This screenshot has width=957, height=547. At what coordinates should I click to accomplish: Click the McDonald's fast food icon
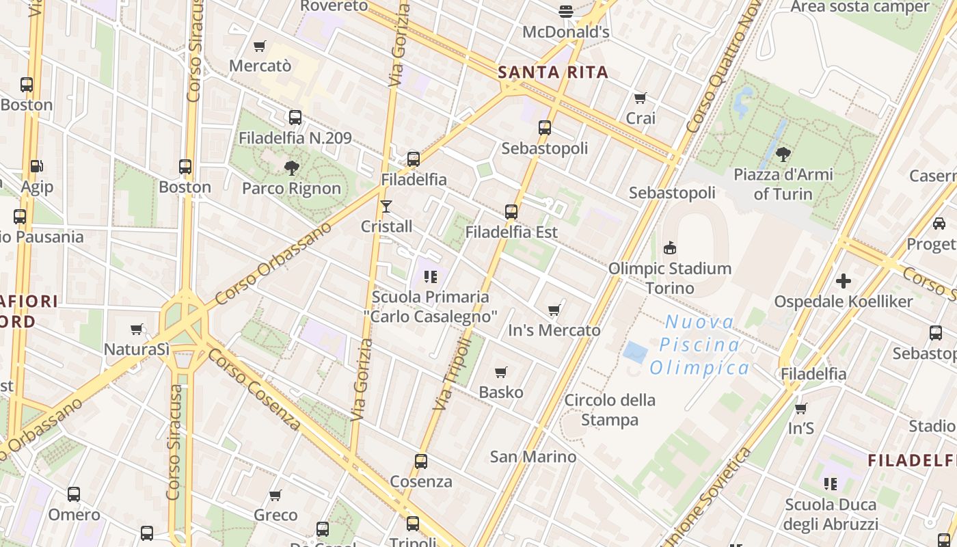click(x=565, y=11)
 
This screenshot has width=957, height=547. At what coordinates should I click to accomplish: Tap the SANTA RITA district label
click(x=553, y=72)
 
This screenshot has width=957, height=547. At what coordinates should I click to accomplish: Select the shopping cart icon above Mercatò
click(x=260, y=46)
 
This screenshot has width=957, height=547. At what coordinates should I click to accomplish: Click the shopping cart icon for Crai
click(x=641, y=98)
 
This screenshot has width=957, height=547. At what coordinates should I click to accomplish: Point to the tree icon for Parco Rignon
click(x=292, y=168)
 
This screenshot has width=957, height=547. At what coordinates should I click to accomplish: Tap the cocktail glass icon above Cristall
click(x=386, y=206)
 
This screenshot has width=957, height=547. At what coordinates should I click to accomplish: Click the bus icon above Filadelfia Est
click(x=511, y=212)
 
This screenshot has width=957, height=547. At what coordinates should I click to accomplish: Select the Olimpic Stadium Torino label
click(x=670, y=278)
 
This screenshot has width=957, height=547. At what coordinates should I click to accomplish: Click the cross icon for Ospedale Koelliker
click(x=844, y=281)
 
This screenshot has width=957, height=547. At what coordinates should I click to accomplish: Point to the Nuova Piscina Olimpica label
click(x=699, y=345)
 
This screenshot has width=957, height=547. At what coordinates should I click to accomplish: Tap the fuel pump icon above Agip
click(x=36, y=166)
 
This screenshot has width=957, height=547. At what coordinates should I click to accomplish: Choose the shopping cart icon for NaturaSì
click(x=137, y=330)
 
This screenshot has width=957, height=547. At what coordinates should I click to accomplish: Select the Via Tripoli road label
click(x=453, y=374)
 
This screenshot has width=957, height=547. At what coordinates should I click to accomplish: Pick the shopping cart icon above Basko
click(x=501, y=373)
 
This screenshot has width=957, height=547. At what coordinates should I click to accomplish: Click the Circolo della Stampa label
click(x=609, y=410)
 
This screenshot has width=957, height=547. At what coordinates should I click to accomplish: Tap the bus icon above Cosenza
click(x=421, y=462)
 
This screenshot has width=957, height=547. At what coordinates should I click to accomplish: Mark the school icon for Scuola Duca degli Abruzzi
click(x=831, y=484)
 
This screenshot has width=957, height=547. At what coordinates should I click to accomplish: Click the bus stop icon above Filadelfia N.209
click(x=295, y=118)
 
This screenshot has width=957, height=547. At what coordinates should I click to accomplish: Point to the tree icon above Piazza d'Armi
click(x=783, y=154)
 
